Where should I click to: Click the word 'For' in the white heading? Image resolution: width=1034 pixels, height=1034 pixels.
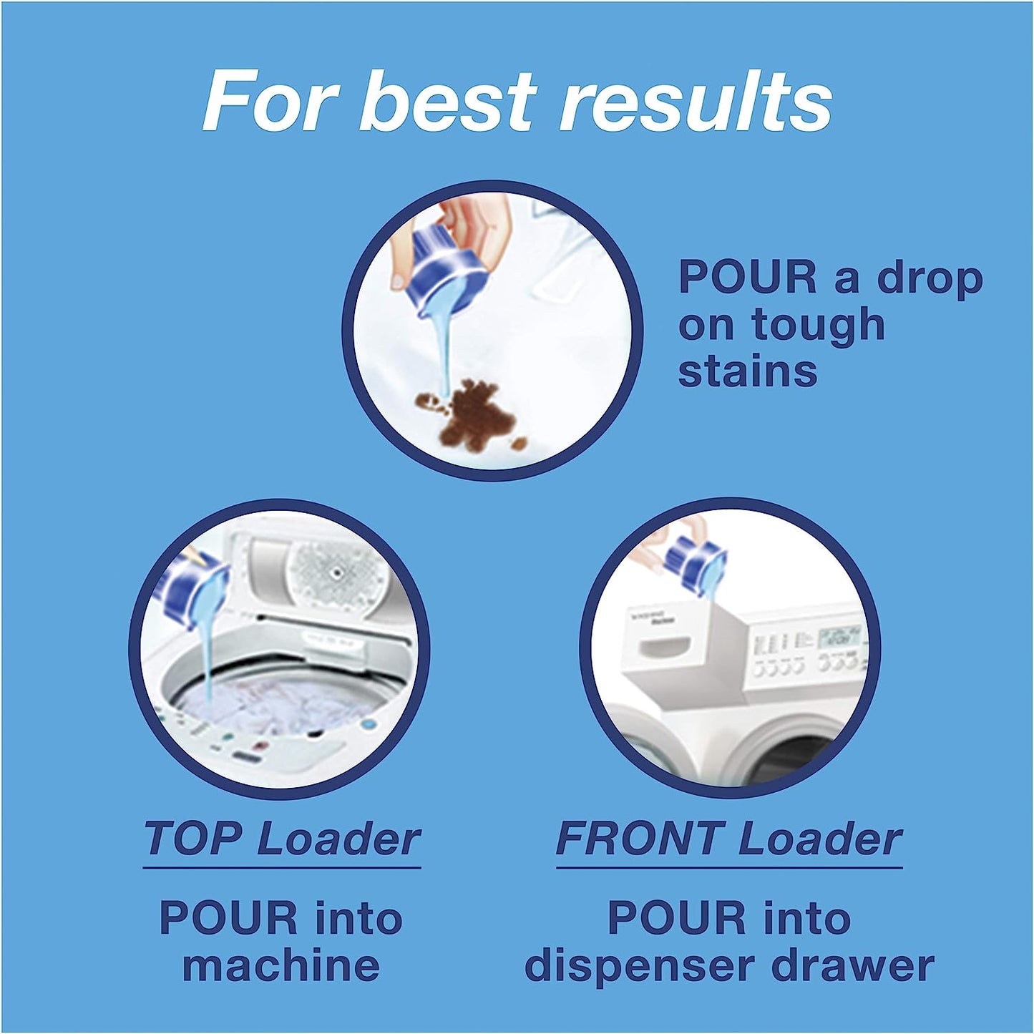[x=268, y=102]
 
